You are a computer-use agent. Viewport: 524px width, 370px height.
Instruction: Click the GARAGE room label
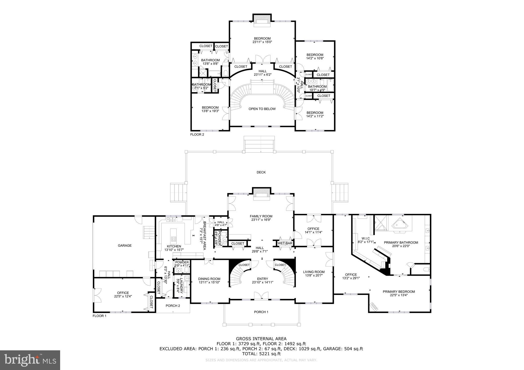125,246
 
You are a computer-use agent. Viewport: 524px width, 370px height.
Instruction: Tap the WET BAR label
285,243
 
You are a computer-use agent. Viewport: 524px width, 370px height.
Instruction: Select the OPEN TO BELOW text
262,109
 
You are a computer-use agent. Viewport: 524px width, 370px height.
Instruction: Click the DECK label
261,172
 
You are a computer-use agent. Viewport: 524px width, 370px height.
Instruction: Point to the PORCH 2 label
173,306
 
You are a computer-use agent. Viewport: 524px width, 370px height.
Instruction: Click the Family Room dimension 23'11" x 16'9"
261,220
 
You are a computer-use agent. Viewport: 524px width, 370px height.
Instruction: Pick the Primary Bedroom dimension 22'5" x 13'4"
399,295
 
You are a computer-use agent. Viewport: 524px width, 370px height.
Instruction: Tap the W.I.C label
366,238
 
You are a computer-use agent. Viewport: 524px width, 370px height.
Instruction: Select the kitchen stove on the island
174,239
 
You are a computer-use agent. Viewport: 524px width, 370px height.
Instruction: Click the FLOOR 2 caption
197,134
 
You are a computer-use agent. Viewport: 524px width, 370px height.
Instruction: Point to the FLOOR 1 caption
99,316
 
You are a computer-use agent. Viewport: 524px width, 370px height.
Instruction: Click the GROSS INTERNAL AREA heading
261,339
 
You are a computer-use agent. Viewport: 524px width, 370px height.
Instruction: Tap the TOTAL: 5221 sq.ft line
261,354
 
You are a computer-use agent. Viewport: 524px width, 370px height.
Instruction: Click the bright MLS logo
30,360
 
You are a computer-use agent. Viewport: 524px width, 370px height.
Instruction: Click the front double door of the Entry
261,295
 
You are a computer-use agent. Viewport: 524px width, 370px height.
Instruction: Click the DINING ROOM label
209,279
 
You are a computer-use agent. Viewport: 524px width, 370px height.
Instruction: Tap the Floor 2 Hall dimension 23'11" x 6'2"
262,75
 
